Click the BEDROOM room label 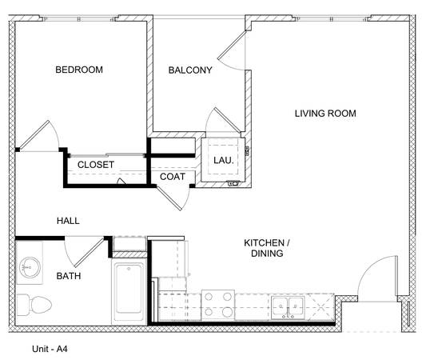79,70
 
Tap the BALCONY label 190,70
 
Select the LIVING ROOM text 325,114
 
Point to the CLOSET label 96,165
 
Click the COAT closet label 173,177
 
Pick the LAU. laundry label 224,160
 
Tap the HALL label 68,221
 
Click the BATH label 69,276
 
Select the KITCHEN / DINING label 267,248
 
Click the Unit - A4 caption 50,349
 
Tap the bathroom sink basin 30,267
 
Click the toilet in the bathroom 34,305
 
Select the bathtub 129,292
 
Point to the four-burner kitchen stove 217,305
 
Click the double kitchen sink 288,307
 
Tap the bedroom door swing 40,136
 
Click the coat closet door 173,198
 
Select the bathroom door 85,252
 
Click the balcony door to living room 232,50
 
